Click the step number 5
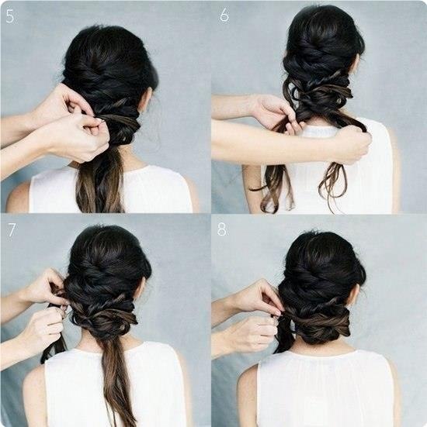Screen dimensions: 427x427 click(x=10, y=16)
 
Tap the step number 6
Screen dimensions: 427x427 click(x=224, y=15)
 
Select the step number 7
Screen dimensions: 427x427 click(x=12, y=230)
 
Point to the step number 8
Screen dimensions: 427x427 click(x=221, y=230)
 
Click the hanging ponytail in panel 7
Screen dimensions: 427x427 click(x=117, y=381)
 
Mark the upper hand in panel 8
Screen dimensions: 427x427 click(x=259, y=297)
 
